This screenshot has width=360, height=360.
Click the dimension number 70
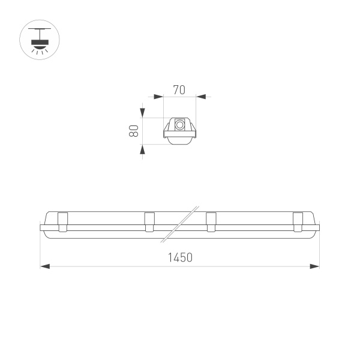click(178, 91)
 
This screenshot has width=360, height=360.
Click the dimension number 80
click(135, 131)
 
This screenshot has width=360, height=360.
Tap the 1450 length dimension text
click(179, 258)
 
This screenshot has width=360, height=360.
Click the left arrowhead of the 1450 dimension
click(45, 266)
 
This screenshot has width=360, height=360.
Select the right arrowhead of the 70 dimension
click(200, 96)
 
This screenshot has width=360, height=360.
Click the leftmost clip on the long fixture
click(62, 221)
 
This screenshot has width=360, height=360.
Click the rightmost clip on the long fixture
click(298, 221)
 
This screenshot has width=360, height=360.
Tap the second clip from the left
click(149, 221)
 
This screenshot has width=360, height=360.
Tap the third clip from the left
click(211, 221)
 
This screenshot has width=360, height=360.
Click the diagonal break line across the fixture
click(180, 224)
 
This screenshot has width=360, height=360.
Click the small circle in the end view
click(180, 125)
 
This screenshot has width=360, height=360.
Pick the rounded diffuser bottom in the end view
click(180, 140)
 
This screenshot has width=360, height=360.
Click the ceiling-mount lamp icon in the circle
click(41, 41)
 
